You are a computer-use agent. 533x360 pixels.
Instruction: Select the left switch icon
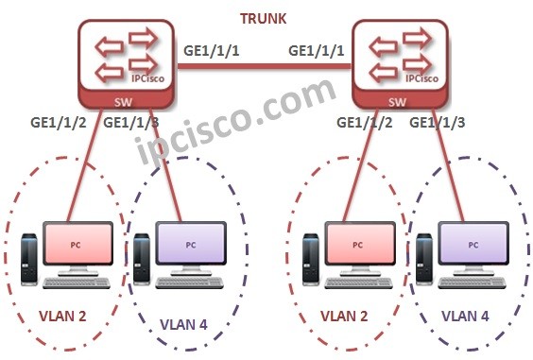121,60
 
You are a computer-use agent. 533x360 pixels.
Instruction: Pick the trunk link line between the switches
265,67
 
